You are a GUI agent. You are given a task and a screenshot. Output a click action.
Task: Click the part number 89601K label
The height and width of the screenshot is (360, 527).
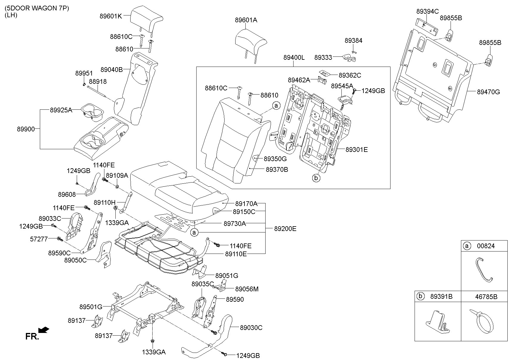click(x=111, y=16)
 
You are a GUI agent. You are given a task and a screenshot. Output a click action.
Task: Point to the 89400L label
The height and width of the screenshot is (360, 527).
click(x=294, y=58)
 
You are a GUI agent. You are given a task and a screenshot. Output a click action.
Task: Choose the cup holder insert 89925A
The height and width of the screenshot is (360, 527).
click(x=92, y=112)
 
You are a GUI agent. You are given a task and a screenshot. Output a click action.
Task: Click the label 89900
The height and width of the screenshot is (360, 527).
click(x=26, y=129)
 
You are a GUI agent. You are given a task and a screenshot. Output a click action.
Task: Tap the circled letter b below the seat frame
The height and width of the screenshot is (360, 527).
click(x=316, y=178)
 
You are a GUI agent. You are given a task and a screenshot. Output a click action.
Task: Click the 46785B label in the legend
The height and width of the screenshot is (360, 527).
click(x=486, y=296)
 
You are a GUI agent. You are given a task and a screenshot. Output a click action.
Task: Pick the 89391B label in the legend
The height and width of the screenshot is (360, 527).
click(x=441, y=296)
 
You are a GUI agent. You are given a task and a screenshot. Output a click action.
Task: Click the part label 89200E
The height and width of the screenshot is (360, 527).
click(x=285, y=229)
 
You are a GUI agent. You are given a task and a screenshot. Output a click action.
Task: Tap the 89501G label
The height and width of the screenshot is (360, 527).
click(x=91, y=306)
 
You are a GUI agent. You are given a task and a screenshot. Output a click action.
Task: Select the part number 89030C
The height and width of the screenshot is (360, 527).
click(x=251, y=328)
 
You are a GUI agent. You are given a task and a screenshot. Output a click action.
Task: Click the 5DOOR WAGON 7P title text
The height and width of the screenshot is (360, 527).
click(x=37, y=8)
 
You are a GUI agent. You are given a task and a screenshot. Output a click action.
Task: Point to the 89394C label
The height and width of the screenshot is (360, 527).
click(x=427, y=11)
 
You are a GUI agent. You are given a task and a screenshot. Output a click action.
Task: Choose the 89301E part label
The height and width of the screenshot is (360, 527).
click(x=357, y=150)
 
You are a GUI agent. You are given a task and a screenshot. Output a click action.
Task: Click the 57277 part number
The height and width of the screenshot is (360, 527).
click(x=39, y=239)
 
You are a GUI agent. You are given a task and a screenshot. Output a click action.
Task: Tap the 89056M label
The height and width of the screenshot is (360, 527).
click(x=247, y=289)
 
